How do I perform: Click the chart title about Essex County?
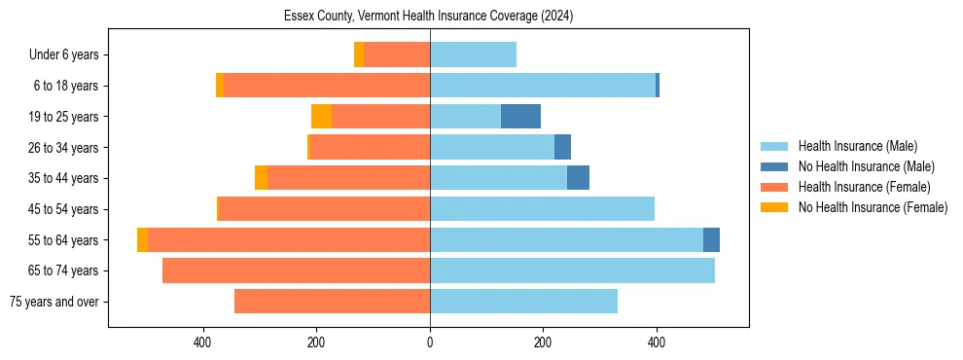(x=429, y=17)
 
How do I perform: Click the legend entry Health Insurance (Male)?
(x=857, y=146)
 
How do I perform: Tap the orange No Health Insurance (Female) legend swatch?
(x=774, y=207)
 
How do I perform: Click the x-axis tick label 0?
(x=430, y=342)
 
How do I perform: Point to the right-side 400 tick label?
(x=657, y=342)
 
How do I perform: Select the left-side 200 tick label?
(x=316, y=342)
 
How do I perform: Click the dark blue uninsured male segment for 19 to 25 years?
(x=520, y=117)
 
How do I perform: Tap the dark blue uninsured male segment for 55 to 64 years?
(x=711, y=239)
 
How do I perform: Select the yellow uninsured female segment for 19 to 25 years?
(x=321, y=117)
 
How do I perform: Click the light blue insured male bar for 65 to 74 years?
(x=572, y=270)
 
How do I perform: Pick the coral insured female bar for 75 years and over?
(x=332, y=302)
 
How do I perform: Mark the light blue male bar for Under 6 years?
(x=473, y=55)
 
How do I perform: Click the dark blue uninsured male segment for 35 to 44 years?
(x=578, y=178)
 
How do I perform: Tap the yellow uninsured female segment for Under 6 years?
(x=359, y=55)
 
